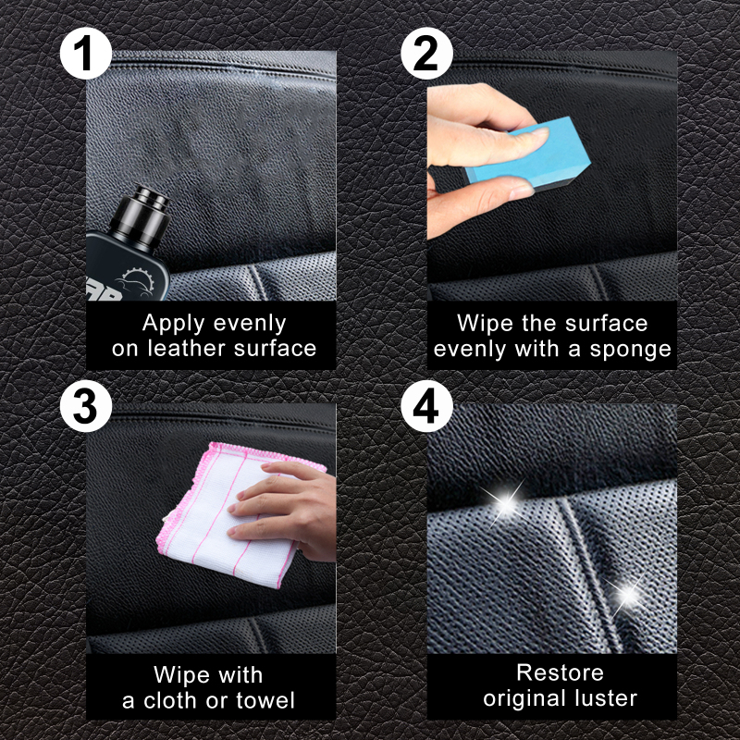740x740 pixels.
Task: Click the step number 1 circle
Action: [x=85, y=54]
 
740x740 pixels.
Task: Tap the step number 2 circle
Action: [x=426, y=54]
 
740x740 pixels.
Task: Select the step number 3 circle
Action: [x=85, y=406]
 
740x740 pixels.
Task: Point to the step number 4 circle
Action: [x=426, y=406]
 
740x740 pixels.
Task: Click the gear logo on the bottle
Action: [x=136, y=281]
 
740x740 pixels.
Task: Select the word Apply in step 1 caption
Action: [x=175, y=325]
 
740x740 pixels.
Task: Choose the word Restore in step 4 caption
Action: [x=561, y=672]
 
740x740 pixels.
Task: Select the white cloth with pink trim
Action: [x=236, y=513]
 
